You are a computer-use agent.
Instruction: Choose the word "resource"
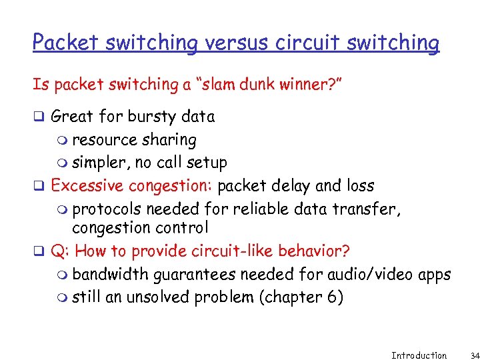click(103, 140)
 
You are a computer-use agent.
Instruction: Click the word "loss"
click(359, 185)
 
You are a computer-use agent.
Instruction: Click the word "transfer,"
click(369, 209)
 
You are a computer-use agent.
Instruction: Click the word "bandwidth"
click(111, 274)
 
